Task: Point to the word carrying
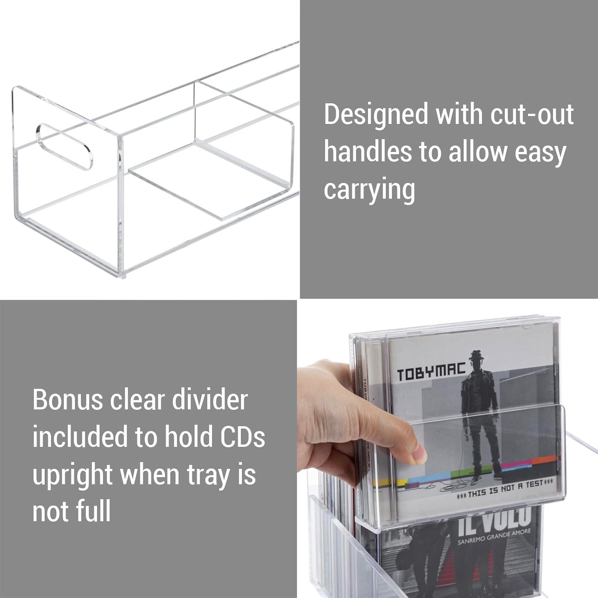click(369, 190)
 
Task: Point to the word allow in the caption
click(472, 152)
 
